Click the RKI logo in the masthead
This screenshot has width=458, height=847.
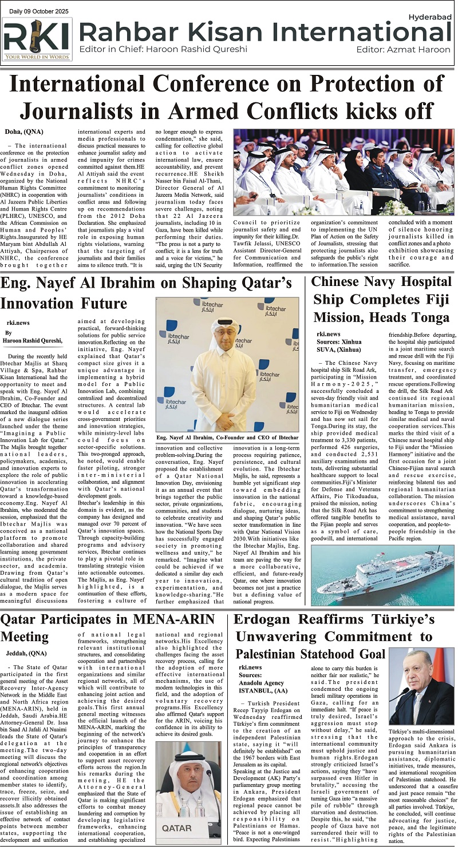click(x=37, y=39)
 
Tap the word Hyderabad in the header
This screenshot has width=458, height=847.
click(x=431, y=18)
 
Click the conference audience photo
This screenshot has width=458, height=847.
click(x=343, y=172)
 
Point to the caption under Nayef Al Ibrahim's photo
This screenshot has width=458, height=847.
click(x=227, y=438)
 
